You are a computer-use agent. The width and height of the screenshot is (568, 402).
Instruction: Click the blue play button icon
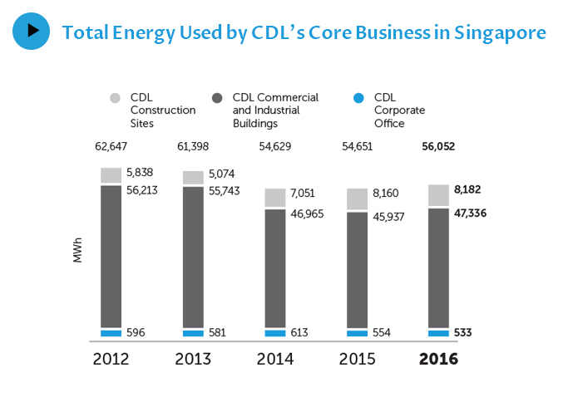(x=31, y=31)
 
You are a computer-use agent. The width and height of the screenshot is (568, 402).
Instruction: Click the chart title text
(x=304, y=32)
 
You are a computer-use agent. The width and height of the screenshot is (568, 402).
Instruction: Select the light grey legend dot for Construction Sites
(x=116, y=98)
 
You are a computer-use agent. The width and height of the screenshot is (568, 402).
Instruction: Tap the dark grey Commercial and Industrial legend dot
(x=217, y=98)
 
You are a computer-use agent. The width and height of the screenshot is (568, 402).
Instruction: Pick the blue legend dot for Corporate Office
(x=358, y=98)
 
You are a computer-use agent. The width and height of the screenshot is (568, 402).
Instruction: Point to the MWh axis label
(x=78, y=252)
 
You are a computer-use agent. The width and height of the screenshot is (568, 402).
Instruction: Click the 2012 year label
(x=111, y=360)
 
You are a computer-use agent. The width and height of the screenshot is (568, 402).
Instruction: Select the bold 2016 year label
(x=438, y=360)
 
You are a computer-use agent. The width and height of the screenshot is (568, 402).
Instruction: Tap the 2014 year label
(x=274, y=360)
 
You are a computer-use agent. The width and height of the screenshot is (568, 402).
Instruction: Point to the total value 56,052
(x=438, y=147)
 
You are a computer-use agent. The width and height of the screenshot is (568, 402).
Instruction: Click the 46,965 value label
(x=307, y=213)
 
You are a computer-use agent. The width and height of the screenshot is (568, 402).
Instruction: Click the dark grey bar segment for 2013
(x=193, y=257)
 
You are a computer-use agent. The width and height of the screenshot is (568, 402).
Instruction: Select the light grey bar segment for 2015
(x=357, y=199)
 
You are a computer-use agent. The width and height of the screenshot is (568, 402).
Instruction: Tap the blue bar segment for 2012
(x=111, y=333)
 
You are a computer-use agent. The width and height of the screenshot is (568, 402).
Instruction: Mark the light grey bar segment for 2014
(x=274, y=198)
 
